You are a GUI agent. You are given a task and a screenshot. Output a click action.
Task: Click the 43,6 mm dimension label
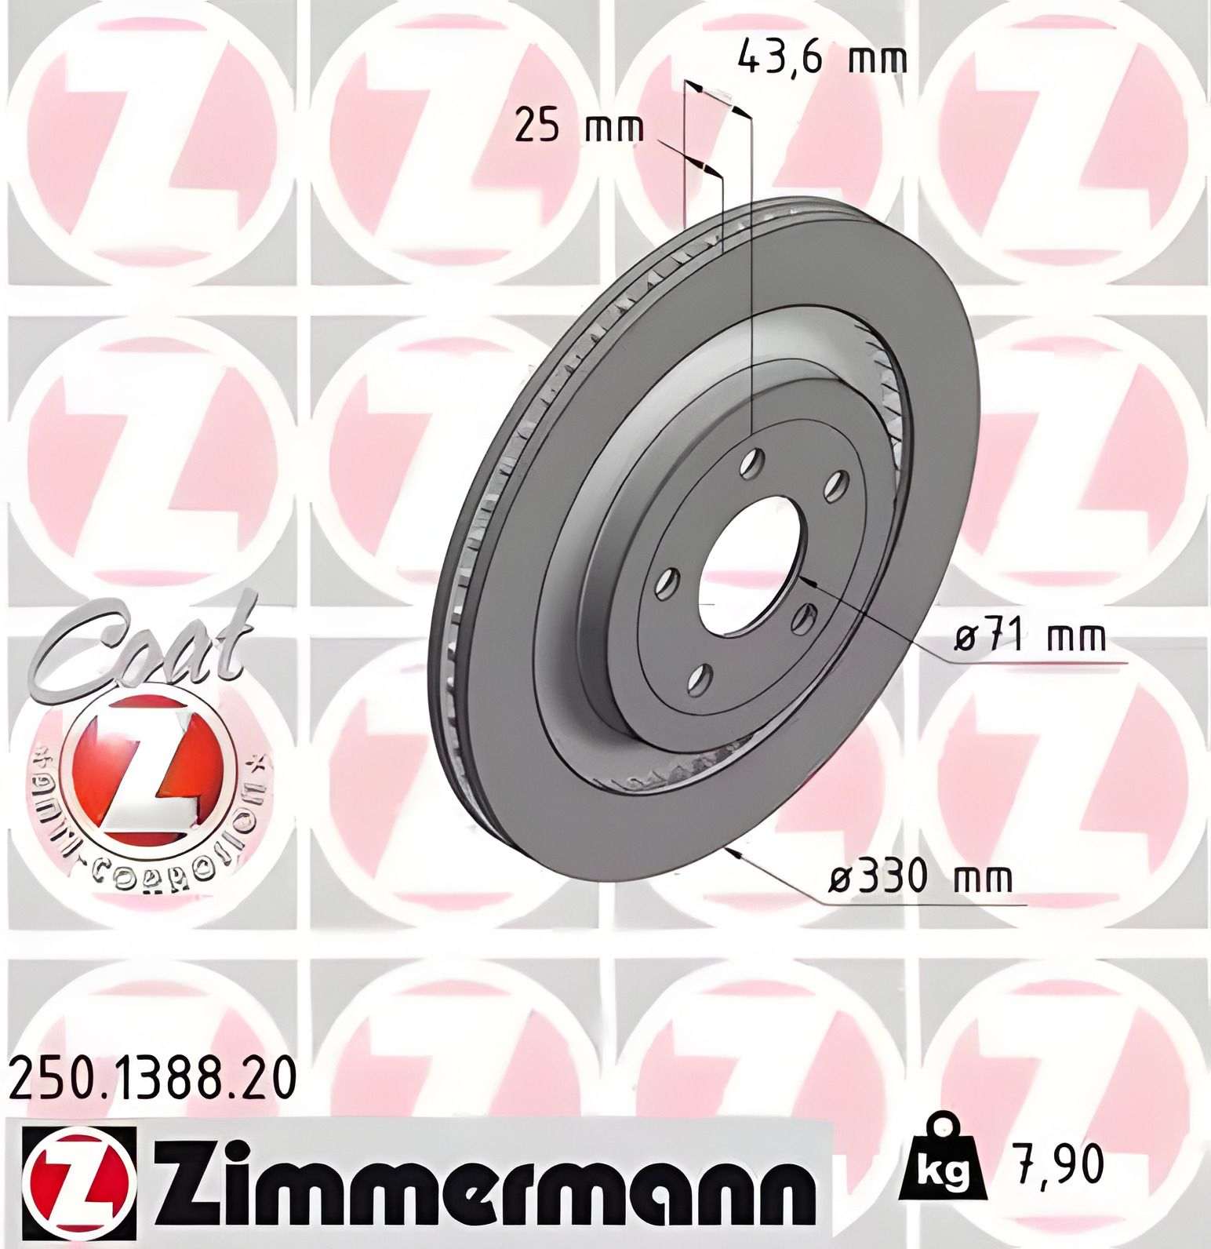[822, 58]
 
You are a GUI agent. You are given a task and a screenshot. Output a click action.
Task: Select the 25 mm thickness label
[579, 127]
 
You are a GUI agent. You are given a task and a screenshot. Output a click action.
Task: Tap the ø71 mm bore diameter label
[1029, 639]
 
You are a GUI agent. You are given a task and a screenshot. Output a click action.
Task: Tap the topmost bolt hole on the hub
[753, 462]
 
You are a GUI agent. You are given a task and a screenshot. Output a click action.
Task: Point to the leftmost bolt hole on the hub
[667, 583]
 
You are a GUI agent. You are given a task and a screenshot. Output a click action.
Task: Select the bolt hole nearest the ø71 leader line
[804, 619]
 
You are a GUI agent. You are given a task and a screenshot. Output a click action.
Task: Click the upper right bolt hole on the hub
[836, 486]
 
